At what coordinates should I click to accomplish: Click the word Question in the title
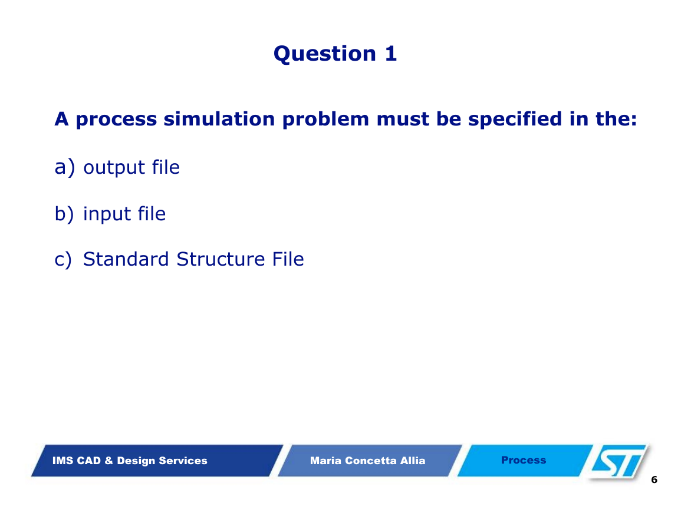pos(325,54)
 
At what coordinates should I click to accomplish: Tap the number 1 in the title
pos(391,54)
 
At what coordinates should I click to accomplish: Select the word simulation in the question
pos(219,119)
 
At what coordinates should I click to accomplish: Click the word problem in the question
pos(325,120)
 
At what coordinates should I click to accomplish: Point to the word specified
pos(515,120)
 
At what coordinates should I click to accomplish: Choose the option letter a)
pos(65,167)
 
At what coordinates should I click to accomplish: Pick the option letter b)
pos(64,214)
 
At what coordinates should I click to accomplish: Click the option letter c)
pos(64,260)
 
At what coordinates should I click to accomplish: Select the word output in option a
pos(114,167)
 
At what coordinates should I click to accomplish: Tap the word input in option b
pos(107,214)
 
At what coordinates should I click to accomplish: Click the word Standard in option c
pos(126,259)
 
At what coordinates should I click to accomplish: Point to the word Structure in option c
pos(221,259)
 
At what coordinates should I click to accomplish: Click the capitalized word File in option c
pos(288,259)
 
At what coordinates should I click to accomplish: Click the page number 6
pos(654,479)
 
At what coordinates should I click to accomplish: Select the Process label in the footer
pos(524,460)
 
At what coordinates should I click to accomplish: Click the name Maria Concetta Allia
pos(367,461)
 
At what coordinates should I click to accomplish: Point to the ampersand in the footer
pos(108,461)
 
